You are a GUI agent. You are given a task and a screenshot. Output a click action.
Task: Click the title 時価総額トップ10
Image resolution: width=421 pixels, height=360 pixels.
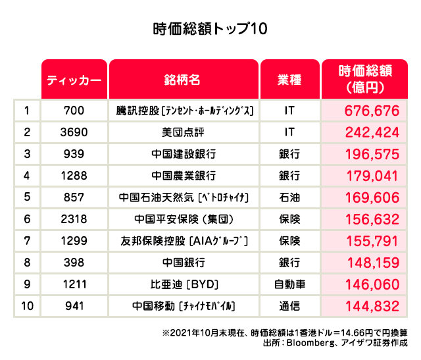pos(210,30)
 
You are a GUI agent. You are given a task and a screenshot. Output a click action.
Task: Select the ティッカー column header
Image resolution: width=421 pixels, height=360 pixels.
pos(74,80)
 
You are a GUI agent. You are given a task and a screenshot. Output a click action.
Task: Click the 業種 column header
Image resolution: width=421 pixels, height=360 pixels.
pos(289,80)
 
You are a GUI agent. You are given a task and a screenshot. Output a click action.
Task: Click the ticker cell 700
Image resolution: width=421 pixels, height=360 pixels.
pos(74,110)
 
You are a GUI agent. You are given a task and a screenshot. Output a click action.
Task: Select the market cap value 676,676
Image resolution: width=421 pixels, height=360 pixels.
pos(372,110)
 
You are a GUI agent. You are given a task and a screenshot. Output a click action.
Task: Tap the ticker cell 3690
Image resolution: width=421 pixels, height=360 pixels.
pos(74,132)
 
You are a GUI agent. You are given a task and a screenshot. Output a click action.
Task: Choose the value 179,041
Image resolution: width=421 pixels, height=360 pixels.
pos(372,176)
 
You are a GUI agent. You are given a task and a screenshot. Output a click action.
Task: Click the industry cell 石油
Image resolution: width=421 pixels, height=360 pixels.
pos(289,197)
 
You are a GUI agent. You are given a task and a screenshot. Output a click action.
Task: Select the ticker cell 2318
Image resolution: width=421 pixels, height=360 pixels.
pos(74,219)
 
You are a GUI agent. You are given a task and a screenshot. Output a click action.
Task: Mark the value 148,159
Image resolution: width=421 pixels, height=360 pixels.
pos(372,263)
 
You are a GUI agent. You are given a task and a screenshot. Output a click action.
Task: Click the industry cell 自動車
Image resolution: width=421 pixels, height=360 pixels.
pos(289,284)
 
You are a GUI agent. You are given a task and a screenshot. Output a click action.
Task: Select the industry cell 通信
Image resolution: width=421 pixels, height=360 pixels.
pos(289,306)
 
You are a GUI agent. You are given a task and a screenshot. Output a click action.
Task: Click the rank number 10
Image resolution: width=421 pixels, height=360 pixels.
pos(27,306)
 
